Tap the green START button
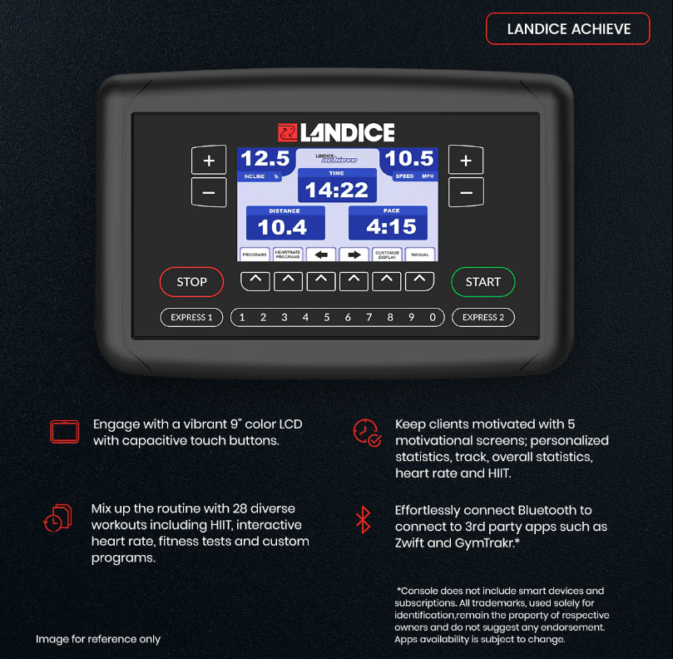tap(482, 282)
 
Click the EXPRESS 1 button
tap(191, 317)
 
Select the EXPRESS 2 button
tap(483, 317)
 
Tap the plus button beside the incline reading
tap(209, 161)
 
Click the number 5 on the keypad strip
tap(326, 317)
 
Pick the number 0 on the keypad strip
tap(433, 317)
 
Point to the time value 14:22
tap(337, 190)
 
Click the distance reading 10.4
tap(282, 227)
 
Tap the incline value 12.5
tap(265, 159)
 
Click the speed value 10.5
tap(409, 159)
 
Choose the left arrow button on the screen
tap(320, 255)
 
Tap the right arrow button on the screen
tap(354, 255)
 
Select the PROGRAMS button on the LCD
tap(254, 255)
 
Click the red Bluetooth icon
tap(363, 519)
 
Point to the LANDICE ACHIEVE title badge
tap(568, 29)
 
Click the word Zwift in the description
tap(413, 543)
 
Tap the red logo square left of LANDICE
tap(287, 132)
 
